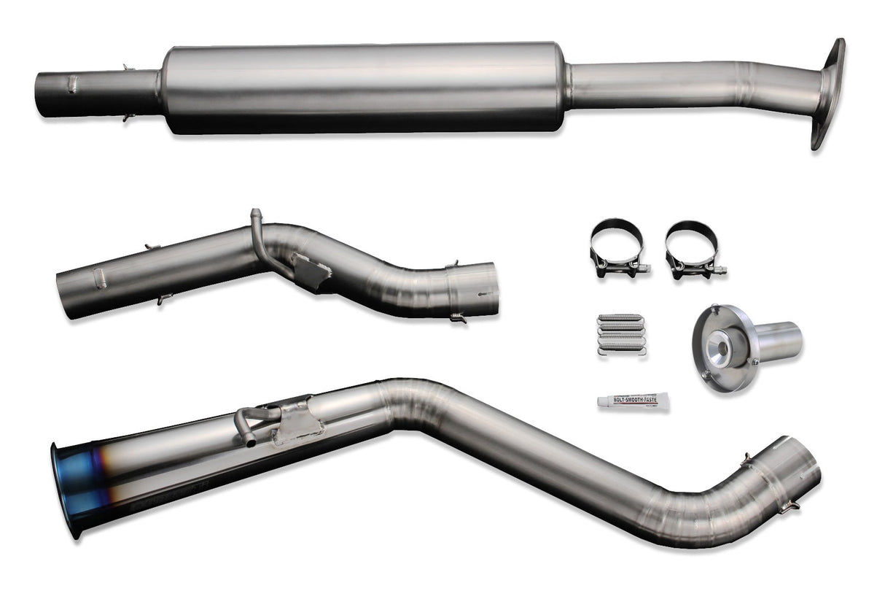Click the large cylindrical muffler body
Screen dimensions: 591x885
364,88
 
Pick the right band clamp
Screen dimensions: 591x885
693,248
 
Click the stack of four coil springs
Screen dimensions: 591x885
620,334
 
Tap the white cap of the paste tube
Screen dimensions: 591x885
603,401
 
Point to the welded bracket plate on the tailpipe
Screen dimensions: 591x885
299,421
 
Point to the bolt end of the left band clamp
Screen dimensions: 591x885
642,269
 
